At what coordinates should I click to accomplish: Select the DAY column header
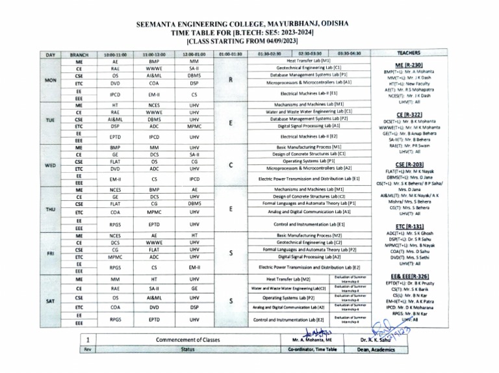point(50,55)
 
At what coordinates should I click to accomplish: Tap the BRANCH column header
point(79,55)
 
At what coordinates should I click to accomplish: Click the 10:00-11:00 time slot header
point(115,55)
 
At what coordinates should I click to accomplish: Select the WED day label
point(50,165)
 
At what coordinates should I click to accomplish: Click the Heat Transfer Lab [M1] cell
point(309,60)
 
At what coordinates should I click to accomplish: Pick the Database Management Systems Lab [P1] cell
point(309,75)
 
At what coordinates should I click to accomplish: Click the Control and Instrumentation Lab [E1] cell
point(309,224)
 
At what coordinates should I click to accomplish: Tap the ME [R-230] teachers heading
point(408,66)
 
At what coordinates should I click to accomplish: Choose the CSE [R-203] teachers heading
point(408,165)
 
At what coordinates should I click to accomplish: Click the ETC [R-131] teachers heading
point(408,225)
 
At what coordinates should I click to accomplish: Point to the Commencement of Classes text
point(188,340)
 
